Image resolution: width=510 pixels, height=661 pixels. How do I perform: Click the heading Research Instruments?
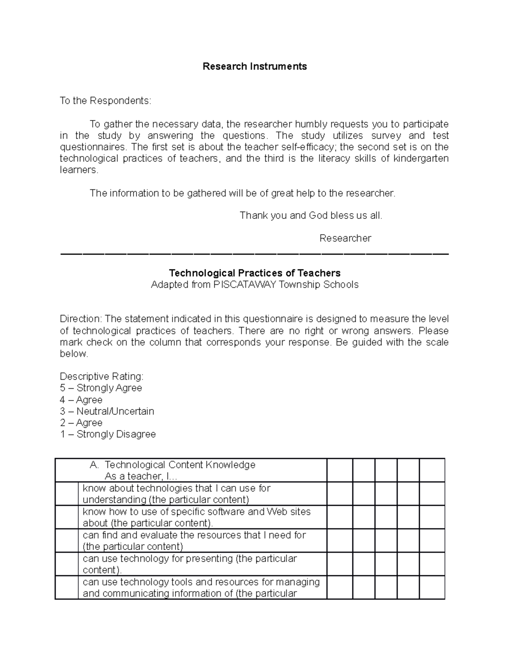point(255,66)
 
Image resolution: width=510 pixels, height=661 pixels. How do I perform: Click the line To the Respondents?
point(105,101)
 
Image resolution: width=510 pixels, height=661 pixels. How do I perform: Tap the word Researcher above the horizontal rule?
point(345,238)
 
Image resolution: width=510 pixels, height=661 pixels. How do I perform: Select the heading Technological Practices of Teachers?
point(255,273)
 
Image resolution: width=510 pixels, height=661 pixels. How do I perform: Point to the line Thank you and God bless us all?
point(311,215)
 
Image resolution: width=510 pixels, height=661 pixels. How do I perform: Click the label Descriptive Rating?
point(102,377)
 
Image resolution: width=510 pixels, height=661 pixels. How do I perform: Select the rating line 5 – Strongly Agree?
point(101,388)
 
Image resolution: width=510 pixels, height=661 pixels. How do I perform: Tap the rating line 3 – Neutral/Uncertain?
point(107,412)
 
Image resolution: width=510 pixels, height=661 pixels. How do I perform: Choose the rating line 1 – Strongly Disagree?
point(108,435)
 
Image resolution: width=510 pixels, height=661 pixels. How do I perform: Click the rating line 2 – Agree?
point(81,423)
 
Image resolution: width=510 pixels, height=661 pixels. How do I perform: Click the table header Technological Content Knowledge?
point(180,465)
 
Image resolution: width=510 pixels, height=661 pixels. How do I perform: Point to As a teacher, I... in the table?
point(141,476)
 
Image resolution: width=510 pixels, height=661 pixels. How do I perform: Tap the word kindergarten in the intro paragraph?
point(421,159)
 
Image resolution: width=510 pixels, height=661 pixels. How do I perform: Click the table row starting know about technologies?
point(176,494)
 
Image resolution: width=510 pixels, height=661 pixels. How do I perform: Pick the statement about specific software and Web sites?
point(196,517)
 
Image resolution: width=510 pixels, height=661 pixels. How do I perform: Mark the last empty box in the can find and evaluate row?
point(432,541)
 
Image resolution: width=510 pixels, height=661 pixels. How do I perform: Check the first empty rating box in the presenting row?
point(340,564)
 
